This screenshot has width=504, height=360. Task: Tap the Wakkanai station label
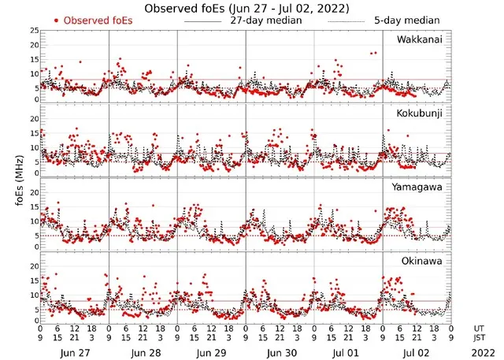[x=420, y=39]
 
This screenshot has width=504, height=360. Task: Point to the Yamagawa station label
[x=419, y=187]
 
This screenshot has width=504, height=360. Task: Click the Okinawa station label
[x=421, y=259]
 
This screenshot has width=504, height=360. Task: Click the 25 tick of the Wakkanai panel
[x=34, y=30]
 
